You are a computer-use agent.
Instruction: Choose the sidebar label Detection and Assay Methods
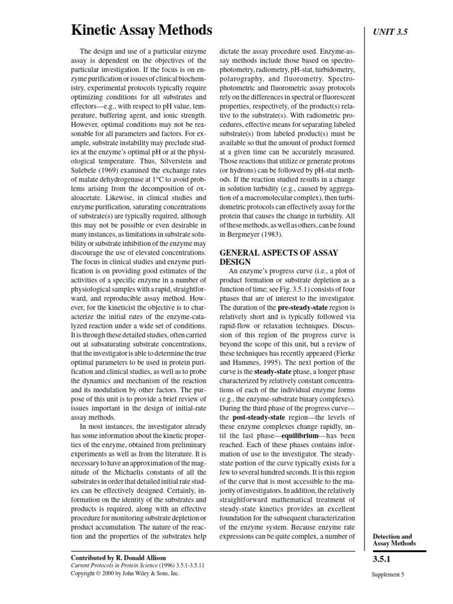pyautogui.click(x=395, y=539)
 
